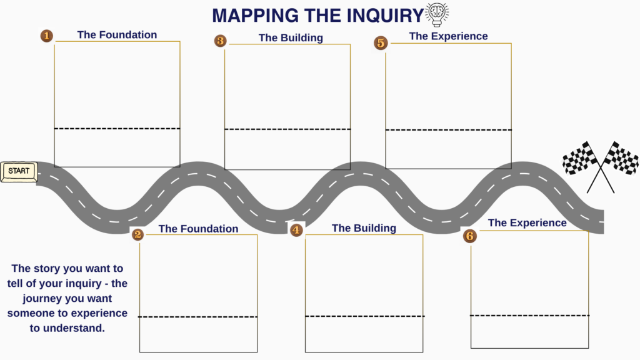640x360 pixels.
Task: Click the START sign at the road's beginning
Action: click(x=19, y=171)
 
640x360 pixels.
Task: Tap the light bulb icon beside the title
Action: click(x=437, y=14)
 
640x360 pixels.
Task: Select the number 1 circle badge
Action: click(x=46, y=36)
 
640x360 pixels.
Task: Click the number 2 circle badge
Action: click(x=138, y=234)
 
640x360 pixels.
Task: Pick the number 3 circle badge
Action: click(x=220, y=41)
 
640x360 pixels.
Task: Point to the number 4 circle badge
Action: click(x=296, y=230)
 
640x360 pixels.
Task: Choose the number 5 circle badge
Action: click(x=381, y=42)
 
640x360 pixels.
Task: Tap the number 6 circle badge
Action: click(x=469, y=236)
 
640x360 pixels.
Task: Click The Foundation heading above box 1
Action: click(x=117, y=35)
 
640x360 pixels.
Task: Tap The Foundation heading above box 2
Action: click(x=198, y=229)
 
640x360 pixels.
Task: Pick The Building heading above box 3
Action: click(x=291, y=37)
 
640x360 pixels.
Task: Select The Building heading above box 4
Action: click(x=364, y=228)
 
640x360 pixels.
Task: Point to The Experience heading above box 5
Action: click(x=448, y=36)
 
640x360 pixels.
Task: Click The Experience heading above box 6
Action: click(x=527, y=223)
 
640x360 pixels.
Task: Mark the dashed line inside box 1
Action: click(x=117, y=129)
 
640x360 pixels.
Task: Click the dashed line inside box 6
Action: click(x=529, y=316)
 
